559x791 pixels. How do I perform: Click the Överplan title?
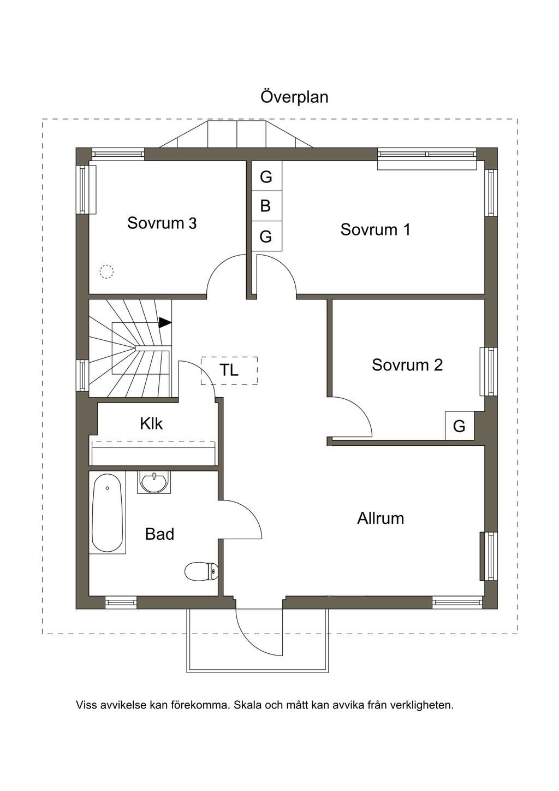coord(294,97)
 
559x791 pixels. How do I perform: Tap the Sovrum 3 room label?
coord(162,223)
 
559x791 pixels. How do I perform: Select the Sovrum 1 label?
coord(376,229)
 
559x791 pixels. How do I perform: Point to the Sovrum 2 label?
coord(407,365)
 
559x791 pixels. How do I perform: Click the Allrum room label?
coord(380,518)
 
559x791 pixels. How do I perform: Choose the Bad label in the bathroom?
coord(159,534)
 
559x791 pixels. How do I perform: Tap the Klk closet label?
coord(151,424)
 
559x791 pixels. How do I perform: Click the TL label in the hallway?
coord(229,370)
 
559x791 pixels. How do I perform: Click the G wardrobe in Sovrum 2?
coord(459,426)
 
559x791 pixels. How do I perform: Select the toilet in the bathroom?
coord(201,571)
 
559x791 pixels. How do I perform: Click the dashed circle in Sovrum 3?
coord(106,271)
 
